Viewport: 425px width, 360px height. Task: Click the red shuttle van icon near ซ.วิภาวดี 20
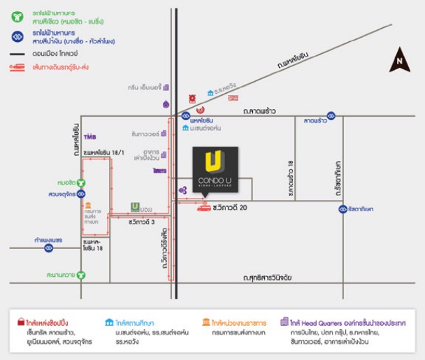click(x=203, y=208)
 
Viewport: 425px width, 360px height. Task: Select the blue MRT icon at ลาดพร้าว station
click(x=331, y=116)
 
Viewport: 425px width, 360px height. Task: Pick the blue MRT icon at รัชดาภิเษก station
click(x=343, y=208)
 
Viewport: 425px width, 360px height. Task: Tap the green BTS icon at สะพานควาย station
click(x=81, y=275)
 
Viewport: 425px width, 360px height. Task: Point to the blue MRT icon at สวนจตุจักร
click(x=81, y=194)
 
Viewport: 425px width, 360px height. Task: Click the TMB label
click(x=89, y=136)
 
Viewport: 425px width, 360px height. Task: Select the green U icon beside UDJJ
click(x=136, y=206)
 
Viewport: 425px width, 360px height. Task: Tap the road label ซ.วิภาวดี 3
click(x=142, y=222)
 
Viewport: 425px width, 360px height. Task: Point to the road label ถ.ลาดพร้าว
click(x=261, y=110)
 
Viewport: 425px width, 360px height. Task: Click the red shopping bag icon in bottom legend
click(x=22, y=323)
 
